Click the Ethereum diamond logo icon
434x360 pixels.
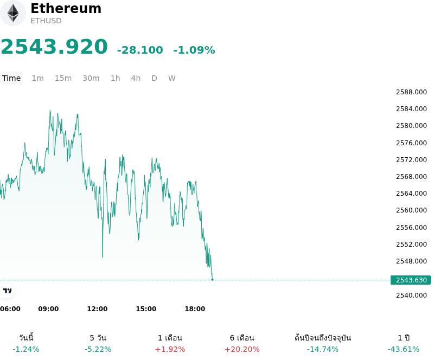tap(12, 13)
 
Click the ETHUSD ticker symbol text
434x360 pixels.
tap(46, 21)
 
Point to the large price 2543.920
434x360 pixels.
tap(54, 47)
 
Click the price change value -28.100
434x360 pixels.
tap(140, 50)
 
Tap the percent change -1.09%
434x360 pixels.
tap(194, 50)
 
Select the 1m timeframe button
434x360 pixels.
tap(37, 78)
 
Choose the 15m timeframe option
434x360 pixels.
tap(63, 78)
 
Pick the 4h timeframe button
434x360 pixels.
tap(136, 78)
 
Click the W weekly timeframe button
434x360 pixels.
tap(172, 78)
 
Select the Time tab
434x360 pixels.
tap(11, 78)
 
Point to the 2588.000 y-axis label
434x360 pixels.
tap(411, 92)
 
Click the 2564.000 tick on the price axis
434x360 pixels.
tap(411, 194)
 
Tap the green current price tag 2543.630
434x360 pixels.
tap(411, 280)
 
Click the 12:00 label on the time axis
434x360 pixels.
tap(97, 309)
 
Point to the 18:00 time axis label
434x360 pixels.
tap(195, 309)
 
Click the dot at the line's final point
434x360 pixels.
tap(212, 280)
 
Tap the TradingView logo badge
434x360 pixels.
tap(7, 291)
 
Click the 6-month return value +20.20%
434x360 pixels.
tap(242, 350)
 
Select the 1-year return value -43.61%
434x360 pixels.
tap(404, 350)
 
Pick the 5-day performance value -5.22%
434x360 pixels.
tap(98, 350)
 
